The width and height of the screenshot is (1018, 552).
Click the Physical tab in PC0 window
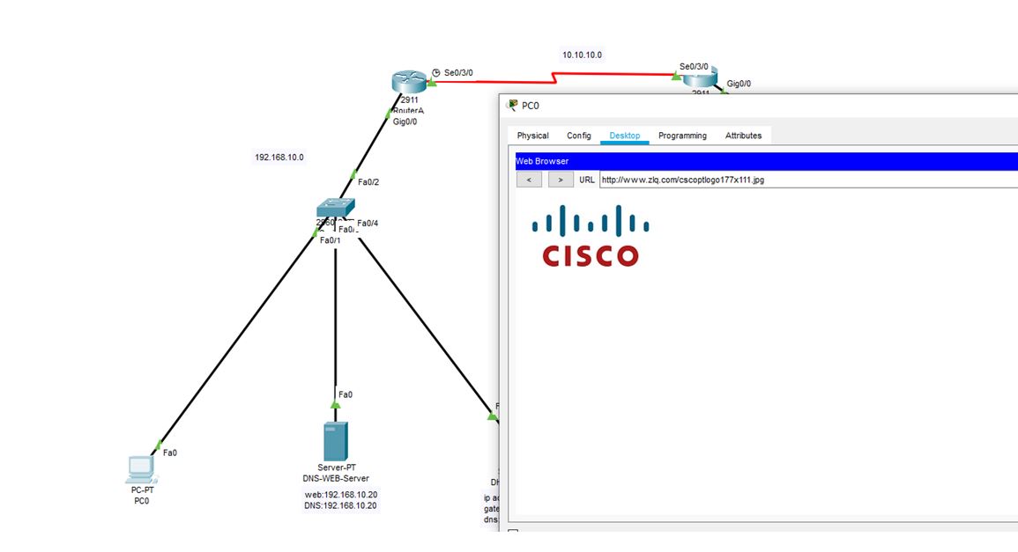pyautogui.click(x=532, y=136)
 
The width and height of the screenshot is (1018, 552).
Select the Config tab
pyautogui.click(x=579, y=136)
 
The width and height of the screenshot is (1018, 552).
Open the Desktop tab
pyautogui.click(x=625, y=136)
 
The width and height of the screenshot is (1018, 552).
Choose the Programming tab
pyautogui.click(x=682, y=136)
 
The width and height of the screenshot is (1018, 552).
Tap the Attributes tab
pyautogui.click(x=743, y=136)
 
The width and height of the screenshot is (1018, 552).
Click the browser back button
pyautogui.click(x=529, y=180)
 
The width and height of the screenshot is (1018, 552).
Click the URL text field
pyautogui.click(x=793, y=180)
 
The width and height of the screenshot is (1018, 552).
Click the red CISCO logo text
pyautogui.click(x=590, y=255)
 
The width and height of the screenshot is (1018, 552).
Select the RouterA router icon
pyautogui.click(x=407, y=83)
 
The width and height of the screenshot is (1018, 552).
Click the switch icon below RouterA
pyautogui.click(x=335, y=208)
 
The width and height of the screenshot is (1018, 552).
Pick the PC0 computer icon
pyautogui.click(x=141, y=468)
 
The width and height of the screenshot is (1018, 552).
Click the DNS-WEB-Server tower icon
pyautogui.click(x=334, y=440)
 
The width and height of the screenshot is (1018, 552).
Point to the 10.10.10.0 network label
pyautogui.click(x=583, y=55)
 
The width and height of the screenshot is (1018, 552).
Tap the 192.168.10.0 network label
pyautogui.click(x=279, y=158)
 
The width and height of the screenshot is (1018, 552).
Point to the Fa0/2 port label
pyautogui.click(x=368, y=182)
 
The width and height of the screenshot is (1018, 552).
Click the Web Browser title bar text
pyautogui.click(x=542, y=161)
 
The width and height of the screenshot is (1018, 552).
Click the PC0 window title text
pyautogui.click(x=531, y=106)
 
